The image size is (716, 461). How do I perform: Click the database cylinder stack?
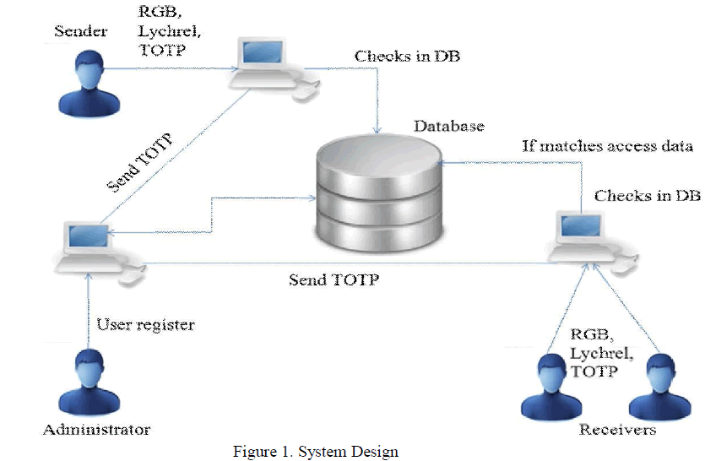tap(377, 194)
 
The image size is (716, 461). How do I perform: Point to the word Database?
tap(448, 126)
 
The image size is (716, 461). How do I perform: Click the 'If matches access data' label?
tap(607, 146)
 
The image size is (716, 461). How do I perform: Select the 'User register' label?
tap(144, 323)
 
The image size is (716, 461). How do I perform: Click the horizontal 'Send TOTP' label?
tap(334, 278)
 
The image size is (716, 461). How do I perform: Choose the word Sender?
tap(82, 32)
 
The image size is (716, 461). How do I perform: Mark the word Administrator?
tap(96, 429)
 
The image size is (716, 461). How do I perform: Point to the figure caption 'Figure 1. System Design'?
tap(315, 451)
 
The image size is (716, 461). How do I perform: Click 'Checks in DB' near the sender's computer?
tap(407, 57)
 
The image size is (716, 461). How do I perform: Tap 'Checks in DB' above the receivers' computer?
tap(648, 195)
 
